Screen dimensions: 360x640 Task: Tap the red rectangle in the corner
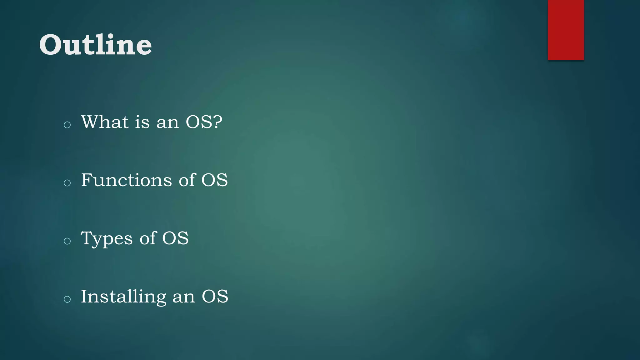566,30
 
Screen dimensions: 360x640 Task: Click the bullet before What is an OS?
67,125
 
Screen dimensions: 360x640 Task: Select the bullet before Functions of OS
67,183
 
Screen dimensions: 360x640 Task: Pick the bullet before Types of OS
67,241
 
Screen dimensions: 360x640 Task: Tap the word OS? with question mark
204,122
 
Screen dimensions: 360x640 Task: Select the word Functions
126,180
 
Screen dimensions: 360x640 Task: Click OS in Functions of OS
214,180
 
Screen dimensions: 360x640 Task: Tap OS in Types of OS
175,238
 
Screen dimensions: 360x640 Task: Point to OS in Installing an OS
215,297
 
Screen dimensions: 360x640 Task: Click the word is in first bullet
142,122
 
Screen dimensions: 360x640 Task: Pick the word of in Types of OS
147,238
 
